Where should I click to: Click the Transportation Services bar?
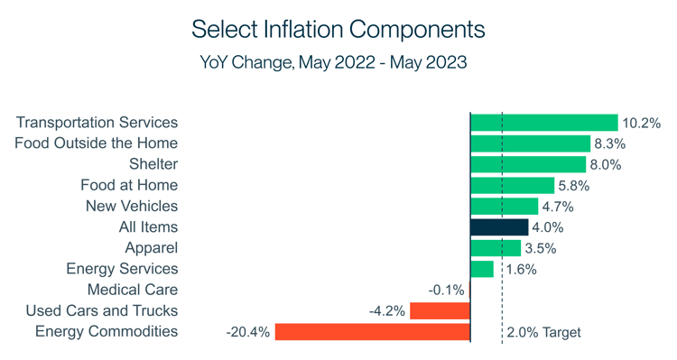[x=543, y=123]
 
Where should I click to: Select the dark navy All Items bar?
[x=499, y=227]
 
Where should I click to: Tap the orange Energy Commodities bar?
[x=373, y=332]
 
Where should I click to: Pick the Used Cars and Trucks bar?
[x=441, y=311]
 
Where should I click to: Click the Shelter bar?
[x=528, y=164]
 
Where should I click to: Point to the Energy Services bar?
[x=482, y=269]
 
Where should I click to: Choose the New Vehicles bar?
[x=504, y=207]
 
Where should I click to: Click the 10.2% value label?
[x=642, y=123]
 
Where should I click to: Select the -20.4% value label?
[x=248, y=332]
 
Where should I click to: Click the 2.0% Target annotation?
[x=544, y=332]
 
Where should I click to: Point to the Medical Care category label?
[x=133, y=290]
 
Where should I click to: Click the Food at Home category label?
[x=129, y=185]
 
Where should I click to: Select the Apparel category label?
[x=152, y=248]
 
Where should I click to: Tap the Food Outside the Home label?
[x=97, y=143]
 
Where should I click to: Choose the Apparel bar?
[x=496, y=248]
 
